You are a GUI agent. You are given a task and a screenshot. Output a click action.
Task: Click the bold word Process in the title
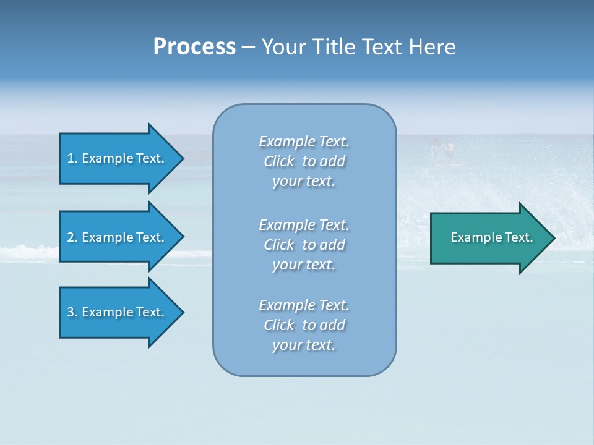click(x=194, y=47)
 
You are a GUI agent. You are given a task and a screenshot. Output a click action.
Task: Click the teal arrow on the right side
click(x=489, y=237)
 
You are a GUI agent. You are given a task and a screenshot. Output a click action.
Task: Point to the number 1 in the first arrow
click(x=71, y=158)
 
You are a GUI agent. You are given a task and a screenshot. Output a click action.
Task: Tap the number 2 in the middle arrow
click(x=71, y=237)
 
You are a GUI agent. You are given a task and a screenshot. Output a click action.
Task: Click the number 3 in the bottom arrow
click(x=71, y=312)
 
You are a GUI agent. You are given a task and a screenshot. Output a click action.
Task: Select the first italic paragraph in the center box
click(x=304, y=161)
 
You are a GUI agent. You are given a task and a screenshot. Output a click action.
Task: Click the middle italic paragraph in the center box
click(x=304, y=244)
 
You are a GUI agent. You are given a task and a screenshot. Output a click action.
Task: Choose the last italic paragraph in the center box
click(x=304, y=325)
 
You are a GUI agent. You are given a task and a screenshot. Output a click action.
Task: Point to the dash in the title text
click(x=248, y=47)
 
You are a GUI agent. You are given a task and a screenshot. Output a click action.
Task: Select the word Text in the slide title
click(x=384, y=47)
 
